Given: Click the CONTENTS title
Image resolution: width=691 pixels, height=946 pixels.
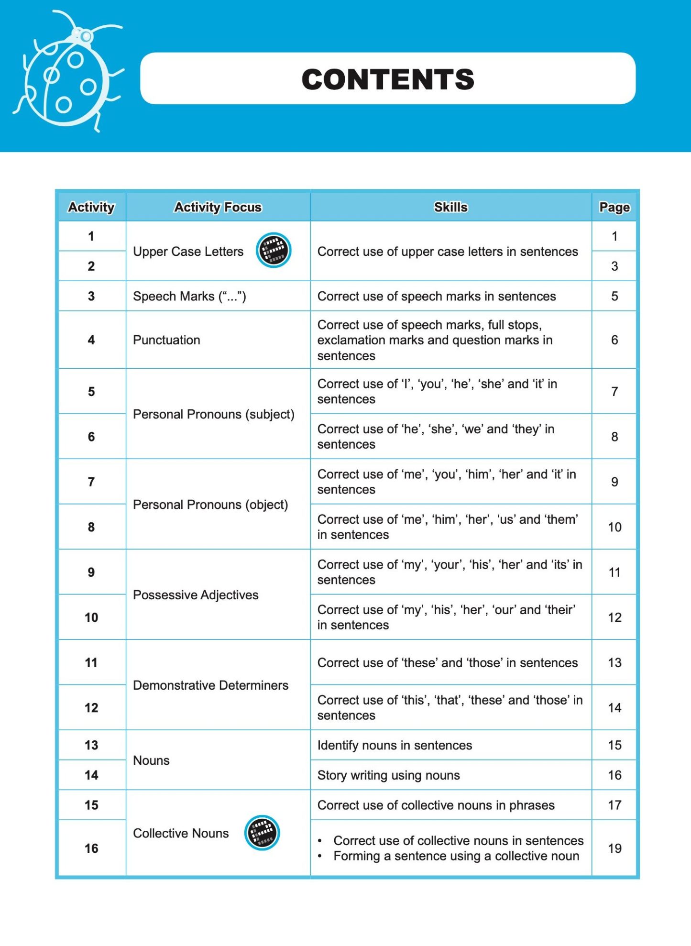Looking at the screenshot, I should click(x=387, y=79).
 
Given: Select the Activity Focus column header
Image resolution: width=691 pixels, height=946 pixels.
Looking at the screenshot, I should click(x=218, y=207).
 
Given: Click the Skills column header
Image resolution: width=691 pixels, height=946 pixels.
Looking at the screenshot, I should click(x=450, y=207).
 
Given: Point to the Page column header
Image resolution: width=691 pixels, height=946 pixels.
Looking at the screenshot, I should click(x=614, y=207).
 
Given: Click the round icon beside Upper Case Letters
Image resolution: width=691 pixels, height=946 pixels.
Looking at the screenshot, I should click(x=274, y=250).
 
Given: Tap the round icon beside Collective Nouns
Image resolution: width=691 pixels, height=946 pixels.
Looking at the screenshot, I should click(x=262, y=833).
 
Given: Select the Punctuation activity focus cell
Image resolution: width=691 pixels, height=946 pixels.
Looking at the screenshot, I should click(x=166, y=340).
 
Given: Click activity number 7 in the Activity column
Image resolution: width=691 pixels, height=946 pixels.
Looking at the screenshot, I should click(x=91, y=482).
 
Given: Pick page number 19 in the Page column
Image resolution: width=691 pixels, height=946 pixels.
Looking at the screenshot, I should click(x=614, y=848).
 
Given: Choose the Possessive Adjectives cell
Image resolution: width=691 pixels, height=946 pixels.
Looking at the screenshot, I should click(x=196, y=594).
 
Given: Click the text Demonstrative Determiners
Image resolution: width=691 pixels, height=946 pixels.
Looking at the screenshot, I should click(x=210, y=685).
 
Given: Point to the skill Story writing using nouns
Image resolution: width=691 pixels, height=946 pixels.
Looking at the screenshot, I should click(x=388, y=775).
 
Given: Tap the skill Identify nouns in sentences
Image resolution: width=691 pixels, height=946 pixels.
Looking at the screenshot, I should click(x=395, y=745).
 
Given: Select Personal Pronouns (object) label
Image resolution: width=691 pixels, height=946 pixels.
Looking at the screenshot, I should click(x=210, y=505).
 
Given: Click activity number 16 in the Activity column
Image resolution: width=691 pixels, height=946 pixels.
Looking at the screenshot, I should click(x=91, y=848).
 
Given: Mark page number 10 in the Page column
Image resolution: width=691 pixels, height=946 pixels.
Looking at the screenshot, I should click(x=614, y=527).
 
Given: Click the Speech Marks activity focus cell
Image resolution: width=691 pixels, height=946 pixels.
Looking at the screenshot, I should click(x=189, y=296).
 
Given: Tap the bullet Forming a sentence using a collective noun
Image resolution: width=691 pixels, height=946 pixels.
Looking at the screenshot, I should click(x=456, y=856).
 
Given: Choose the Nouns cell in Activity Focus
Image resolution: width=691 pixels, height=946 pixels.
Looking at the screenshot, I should click(x=151, y=760).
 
